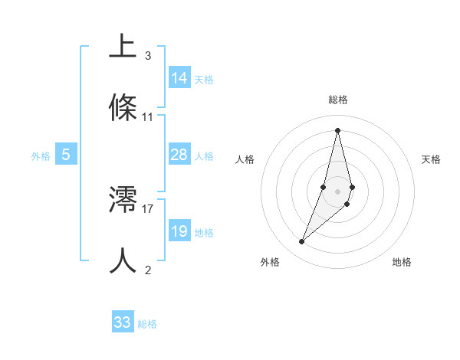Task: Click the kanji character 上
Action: click(123, 47)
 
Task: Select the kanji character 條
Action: click(123, 108)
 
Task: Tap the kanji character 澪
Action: click(123, 201)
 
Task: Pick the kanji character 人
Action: click(123, 260)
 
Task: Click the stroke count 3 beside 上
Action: click(148, 56)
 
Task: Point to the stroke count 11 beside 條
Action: click(148, 117)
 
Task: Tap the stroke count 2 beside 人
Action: click(148, 270)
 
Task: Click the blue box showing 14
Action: click(179, 78)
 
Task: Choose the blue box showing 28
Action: click(179, 155)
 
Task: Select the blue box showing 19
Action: click(179, 231)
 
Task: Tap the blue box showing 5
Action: click(66, 155)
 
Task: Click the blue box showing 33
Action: click(123, 322)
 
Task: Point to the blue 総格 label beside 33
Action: click(147, 324)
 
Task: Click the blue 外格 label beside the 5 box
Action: click(41, 156)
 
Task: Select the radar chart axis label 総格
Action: click(338, 100)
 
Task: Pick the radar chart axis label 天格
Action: click(432, 159)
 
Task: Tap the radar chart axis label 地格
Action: click(402, 263)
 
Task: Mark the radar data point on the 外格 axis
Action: click(301, 242)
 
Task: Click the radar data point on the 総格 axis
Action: click(338, 129)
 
